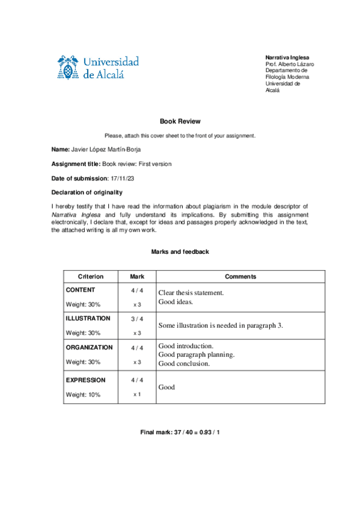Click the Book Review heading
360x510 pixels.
click(x=180, y=121)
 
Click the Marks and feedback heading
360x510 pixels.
click(x=180, y=251)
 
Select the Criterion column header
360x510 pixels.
click(x=91, y=277)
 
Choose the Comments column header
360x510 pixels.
click(x=240, y=277)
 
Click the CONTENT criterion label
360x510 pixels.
click(x=80, y=290)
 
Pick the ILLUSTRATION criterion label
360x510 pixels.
click(x=88, y=318)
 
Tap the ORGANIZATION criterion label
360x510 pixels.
click(x=89, y=347)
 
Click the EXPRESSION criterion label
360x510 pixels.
click(x=85, y=380)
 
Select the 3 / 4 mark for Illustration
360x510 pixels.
click(x=137, y=319)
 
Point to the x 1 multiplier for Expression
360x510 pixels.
click(x=137, y=395)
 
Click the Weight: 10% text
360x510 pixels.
click(x=83, y=395)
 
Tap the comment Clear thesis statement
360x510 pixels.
click(x=191, y=293)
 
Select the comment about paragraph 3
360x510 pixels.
click(x=221, y=325)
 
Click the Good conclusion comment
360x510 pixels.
click(x=184, y=363)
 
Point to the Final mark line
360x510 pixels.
click(x=180, y=432)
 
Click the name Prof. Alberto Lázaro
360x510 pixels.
click(x=290, y=64)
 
